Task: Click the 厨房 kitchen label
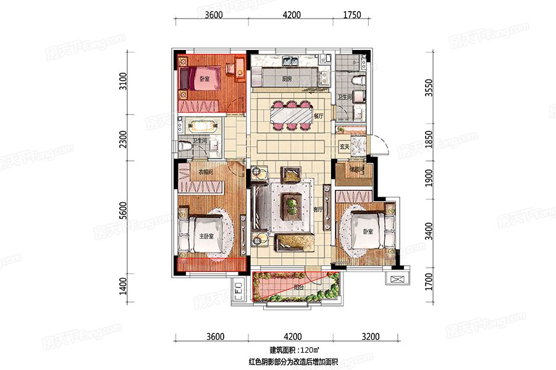[287, 80]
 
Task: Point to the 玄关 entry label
[345, 146]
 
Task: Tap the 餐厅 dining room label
[319, 115]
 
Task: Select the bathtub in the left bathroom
[201, 125]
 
